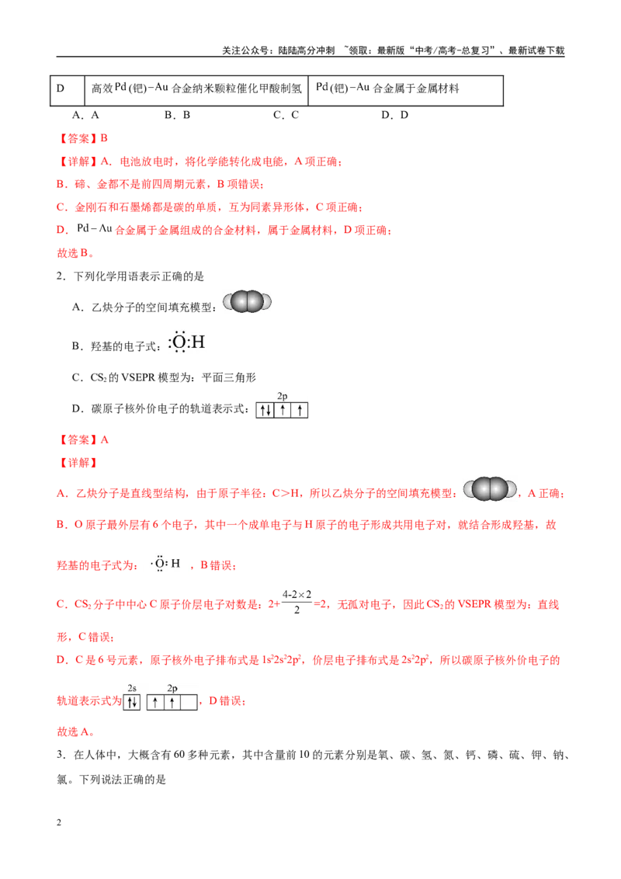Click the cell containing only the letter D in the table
68,90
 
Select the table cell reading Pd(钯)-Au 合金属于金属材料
405,90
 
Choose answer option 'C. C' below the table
286,115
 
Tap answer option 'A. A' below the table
85,115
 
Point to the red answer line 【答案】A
83,440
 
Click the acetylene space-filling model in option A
247,302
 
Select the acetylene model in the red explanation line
491,489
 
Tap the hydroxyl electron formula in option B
186,342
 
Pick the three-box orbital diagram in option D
282,410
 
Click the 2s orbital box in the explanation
132,702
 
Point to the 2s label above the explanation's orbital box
132,688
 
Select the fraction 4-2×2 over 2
297,602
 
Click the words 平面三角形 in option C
229,378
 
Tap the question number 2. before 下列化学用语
61,276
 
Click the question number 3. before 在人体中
61,755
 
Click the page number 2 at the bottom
59,822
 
